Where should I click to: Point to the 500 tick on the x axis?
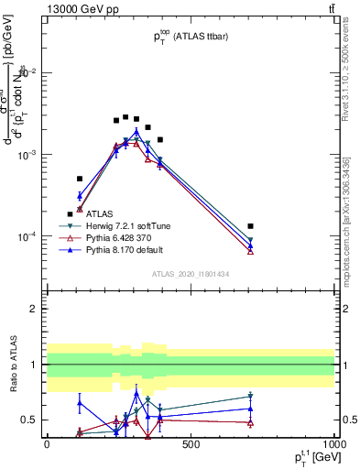click(x=191, y=444)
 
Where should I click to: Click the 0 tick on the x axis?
click(x=47, y=444)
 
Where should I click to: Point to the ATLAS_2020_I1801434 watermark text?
click(x=190, y=273)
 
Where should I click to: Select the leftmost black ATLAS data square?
click(x=70, y=213)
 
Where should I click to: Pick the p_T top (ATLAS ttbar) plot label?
click(x=191, y=35)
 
